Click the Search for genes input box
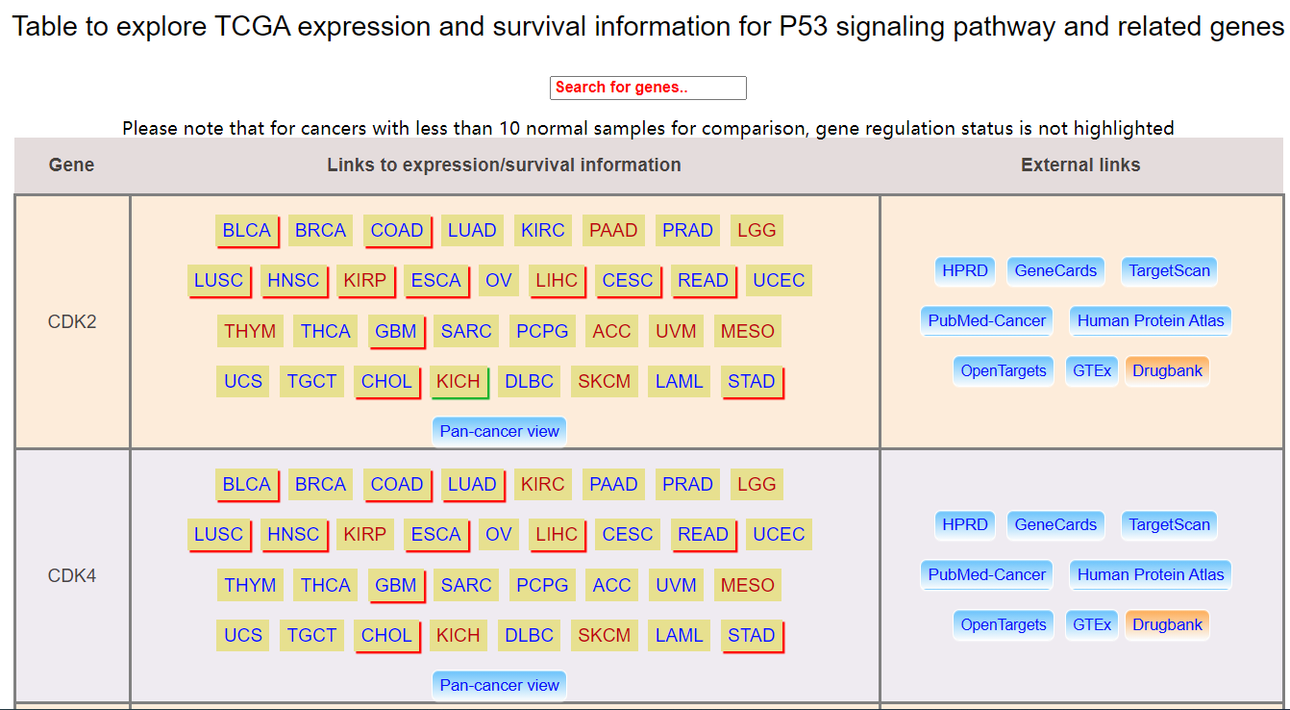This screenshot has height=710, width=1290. click(648, 88)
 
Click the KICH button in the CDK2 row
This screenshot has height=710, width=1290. click(459, 382)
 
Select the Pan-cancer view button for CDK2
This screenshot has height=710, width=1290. click(499, 431)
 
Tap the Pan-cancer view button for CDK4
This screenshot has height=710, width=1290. click(499, 685)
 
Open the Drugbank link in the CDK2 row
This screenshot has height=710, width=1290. click(1167, 370)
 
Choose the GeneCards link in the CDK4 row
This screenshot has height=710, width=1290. click(1055, 525)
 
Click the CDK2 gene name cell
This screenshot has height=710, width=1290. click(72, 321)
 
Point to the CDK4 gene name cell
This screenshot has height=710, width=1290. click(72, 575)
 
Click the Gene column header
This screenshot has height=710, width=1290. click(71, 165)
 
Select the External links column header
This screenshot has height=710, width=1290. click(1080, 165)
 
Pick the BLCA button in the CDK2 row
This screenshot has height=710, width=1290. click(247, 231)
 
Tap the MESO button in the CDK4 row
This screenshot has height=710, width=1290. click(748, 586)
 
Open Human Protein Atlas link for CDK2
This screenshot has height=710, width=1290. click(1151, 321)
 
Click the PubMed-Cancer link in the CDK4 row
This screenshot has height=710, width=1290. click(986, 575)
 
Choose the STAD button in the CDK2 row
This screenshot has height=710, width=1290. click(752, 382)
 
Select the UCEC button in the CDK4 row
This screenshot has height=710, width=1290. click(779, 534)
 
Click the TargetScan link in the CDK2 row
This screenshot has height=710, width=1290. click(1169, 271)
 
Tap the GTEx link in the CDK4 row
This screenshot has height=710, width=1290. click(1092, 624)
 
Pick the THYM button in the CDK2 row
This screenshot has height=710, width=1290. click(250, 331)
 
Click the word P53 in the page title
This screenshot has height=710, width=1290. click(804, 27)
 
